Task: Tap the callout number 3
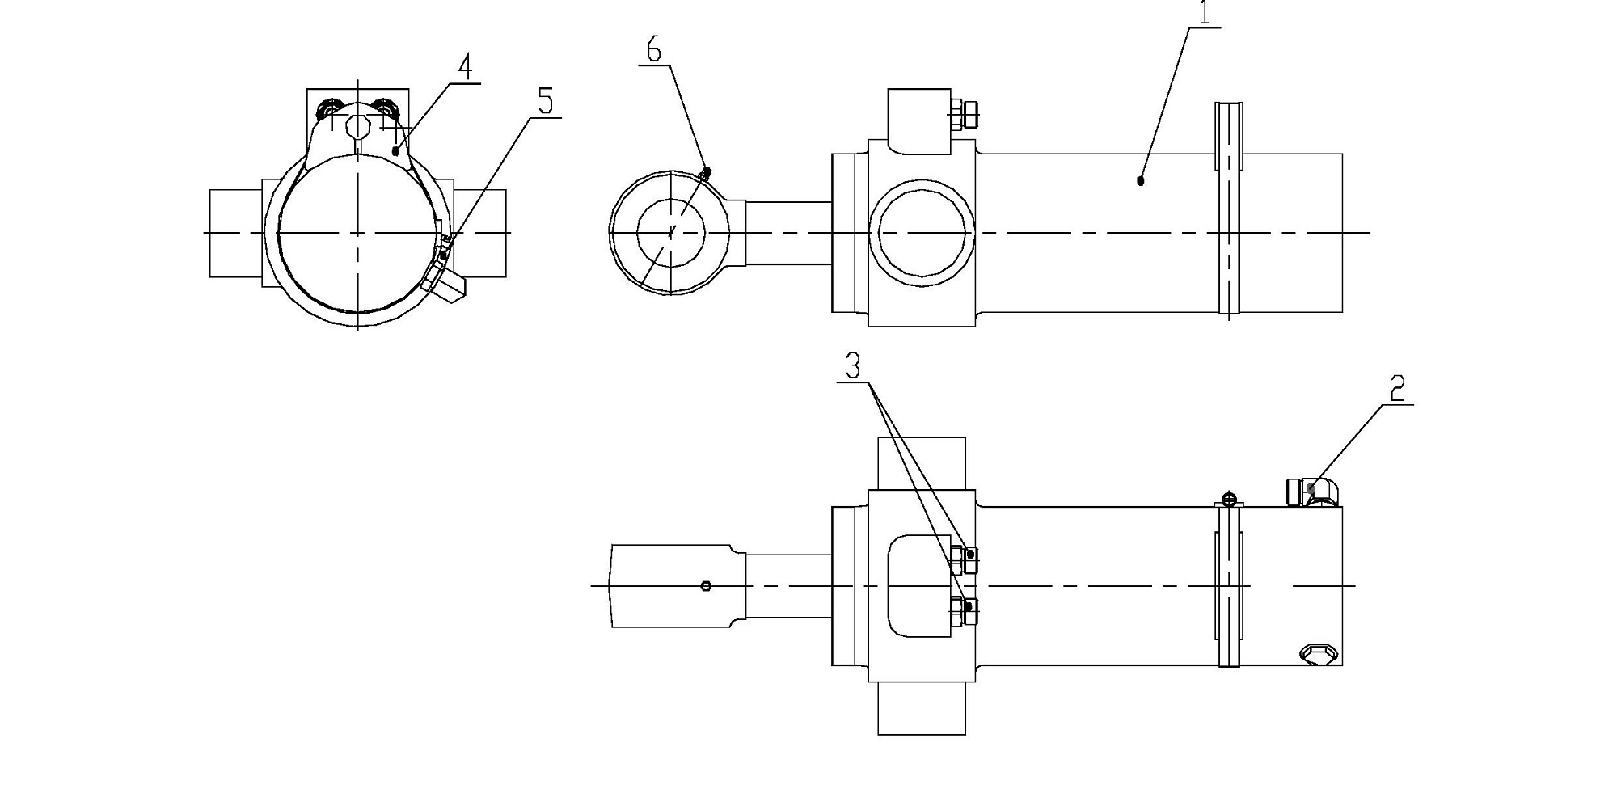pyautogui.click(x=853, y=367)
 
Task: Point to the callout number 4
pyautogui.click(x=464, y=67)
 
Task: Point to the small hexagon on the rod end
pyautogui.click(x=707, y=585)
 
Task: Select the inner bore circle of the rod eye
pyautogui.click(x=671, y=233)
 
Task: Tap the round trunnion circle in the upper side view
pyautogui.click(x=922, y=233)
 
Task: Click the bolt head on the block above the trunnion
pyautogui.click(x=965, y=114)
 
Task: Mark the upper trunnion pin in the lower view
pyautogui.click(x=922, y=463)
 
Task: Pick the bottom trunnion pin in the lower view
pyautogui.click(x=922, y=708)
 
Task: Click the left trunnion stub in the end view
pyautogui.click(x=236, y=234)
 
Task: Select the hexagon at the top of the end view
pyautogui.click(x=358, y=127)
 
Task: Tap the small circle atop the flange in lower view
pyautogui.click(x=1229, y=498)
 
